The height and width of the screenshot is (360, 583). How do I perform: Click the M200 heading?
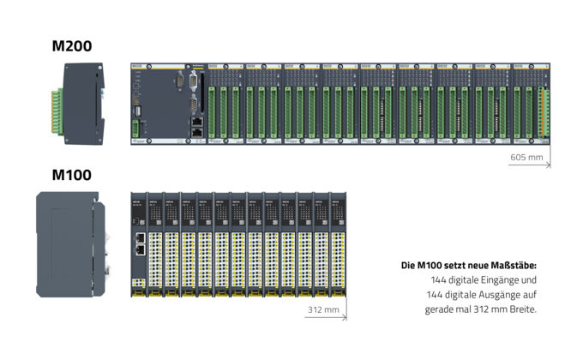[x=71, y=45]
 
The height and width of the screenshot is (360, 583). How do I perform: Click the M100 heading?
[x=71, y=175]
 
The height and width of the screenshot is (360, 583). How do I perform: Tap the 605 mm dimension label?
[x=526, y=158]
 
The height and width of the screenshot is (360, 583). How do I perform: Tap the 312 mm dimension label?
[x=322, y=309]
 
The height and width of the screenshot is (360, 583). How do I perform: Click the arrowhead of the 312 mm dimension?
[x=344, y=316]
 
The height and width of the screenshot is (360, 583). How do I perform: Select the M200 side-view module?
[x=82, y=105]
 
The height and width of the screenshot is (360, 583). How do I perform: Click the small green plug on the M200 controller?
[x=135, y=129]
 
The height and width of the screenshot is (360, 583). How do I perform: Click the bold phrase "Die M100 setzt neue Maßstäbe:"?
[x=468, y=266]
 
